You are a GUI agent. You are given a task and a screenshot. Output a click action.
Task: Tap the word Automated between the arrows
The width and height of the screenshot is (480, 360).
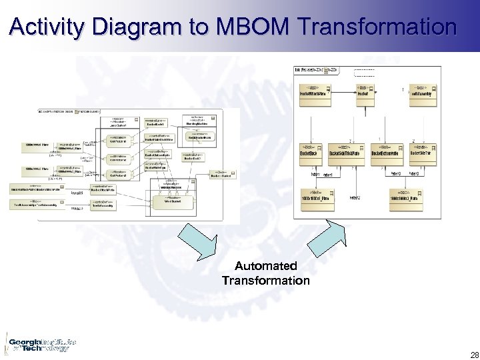pyautogui.click(x=265, y=267)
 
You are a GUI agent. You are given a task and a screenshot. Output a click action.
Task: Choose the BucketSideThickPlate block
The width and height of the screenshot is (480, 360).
pyautogui.click(x=344, y=152)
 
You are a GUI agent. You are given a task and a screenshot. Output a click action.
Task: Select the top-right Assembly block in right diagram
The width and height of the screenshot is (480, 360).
pyautogui.click(x=419, y=93)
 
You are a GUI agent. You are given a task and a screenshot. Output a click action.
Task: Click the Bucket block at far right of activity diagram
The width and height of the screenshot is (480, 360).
pyautogui.click(x=220, y=174)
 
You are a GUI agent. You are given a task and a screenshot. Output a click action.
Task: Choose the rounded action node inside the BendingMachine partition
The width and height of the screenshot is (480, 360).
pyautogui.click(x=201, y=137)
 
